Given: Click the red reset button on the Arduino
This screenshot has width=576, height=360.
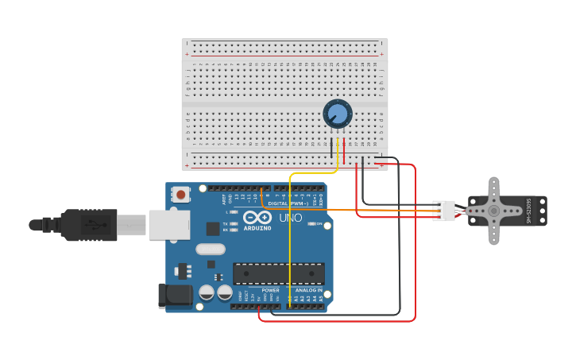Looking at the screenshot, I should pos(181,194).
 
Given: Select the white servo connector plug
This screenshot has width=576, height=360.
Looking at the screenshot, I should pos(444,211).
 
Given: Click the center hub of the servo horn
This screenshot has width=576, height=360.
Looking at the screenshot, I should pos(493,211).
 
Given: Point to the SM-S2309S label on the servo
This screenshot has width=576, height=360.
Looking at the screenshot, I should pos(528,211).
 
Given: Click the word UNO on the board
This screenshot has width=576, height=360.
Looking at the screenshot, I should pos(290,218).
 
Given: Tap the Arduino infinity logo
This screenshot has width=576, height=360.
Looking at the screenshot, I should pos(257,218).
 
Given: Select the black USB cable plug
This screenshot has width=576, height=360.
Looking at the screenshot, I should pos(87,225).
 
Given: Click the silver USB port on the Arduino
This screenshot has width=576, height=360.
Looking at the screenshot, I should pos(168,225).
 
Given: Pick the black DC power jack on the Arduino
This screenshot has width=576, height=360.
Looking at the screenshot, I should pos(175,296).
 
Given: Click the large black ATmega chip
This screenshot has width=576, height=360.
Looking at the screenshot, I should pos(278,273).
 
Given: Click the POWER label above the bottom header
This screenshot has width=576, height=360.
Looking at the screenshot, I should pos(270,290).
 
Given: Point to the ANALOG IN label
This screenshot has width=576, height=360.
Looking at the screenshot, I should pos(309,290).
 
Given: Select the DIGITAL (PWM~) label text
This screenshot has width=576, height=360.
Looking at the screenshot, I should pos(288,203).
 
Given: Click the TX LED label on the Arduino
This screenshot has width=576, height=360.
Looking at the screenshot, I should pos(226,224).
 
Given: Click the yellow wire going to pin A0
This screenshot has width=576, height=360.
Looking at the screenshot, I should pos(289,238).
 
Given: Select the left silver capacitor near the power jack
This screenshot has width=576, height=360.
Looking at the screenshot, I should pos(207,292).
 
